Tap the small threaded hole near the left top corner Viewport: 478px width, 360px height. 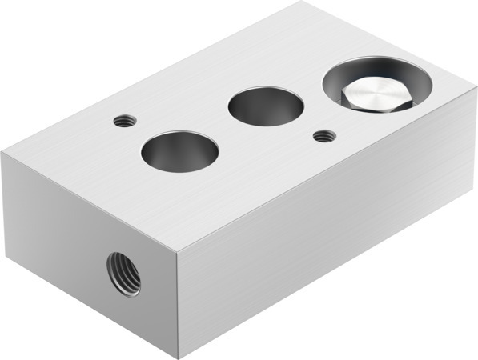point(123,122)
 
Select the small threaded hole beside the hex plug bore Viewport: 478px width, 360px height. point(323,136)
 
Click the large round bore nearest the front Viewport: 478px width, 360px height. point(179,150)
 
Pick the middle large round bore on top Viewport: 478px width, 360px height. point(267,107)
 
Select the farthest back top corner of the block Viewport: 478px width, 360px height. point(302,2)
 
